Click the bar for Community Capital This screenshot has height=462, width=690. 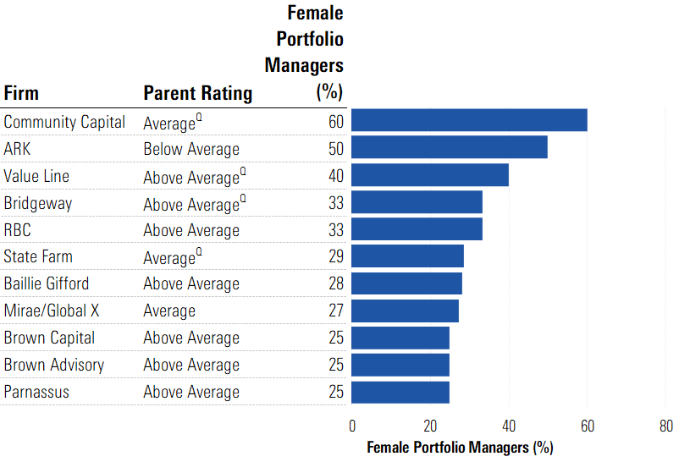469,120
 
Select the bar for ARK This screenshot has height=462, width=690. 449,147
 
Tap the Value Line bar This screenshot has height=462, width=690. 429,175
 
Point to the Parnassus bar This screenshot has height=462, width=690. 400,392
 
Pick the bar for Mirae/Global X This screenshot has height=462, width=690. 405,311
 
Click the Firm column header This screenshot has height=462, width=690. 21,92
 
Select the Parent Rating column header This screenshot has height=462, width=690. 197,92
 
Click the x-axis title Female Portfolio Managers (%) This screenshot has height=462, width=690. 459,447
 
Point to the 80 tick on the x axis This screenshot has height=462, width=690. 665,426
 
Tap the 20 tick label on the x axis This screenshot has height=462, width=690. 430,426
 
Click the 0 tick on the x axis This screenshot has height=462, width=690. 352,426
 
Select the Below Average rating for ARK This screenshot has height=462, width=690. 191,149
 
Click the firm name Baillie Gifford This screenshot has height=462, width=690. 46,283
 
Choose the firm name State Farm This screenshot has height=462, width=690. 38,256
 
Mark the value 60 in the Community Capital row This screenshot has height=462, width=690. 336,122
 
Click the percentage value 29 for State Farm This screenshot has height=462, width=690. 336,256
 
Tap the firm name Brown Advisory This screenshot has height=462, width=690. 54,365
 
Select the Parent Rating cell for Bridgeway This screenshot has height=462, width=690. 194,204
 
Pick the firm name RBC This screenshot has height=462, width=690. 17,229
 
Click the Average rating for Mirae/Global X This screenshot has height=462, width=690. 169,311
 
